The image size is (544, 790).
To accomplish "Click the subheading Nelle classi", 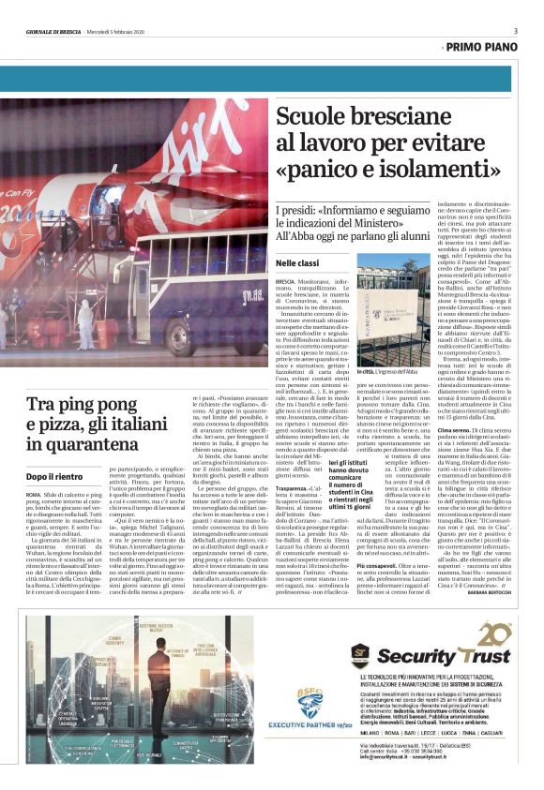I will point(297,265).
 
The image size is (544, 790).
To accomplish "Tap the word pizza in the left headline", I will point(68,431).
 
